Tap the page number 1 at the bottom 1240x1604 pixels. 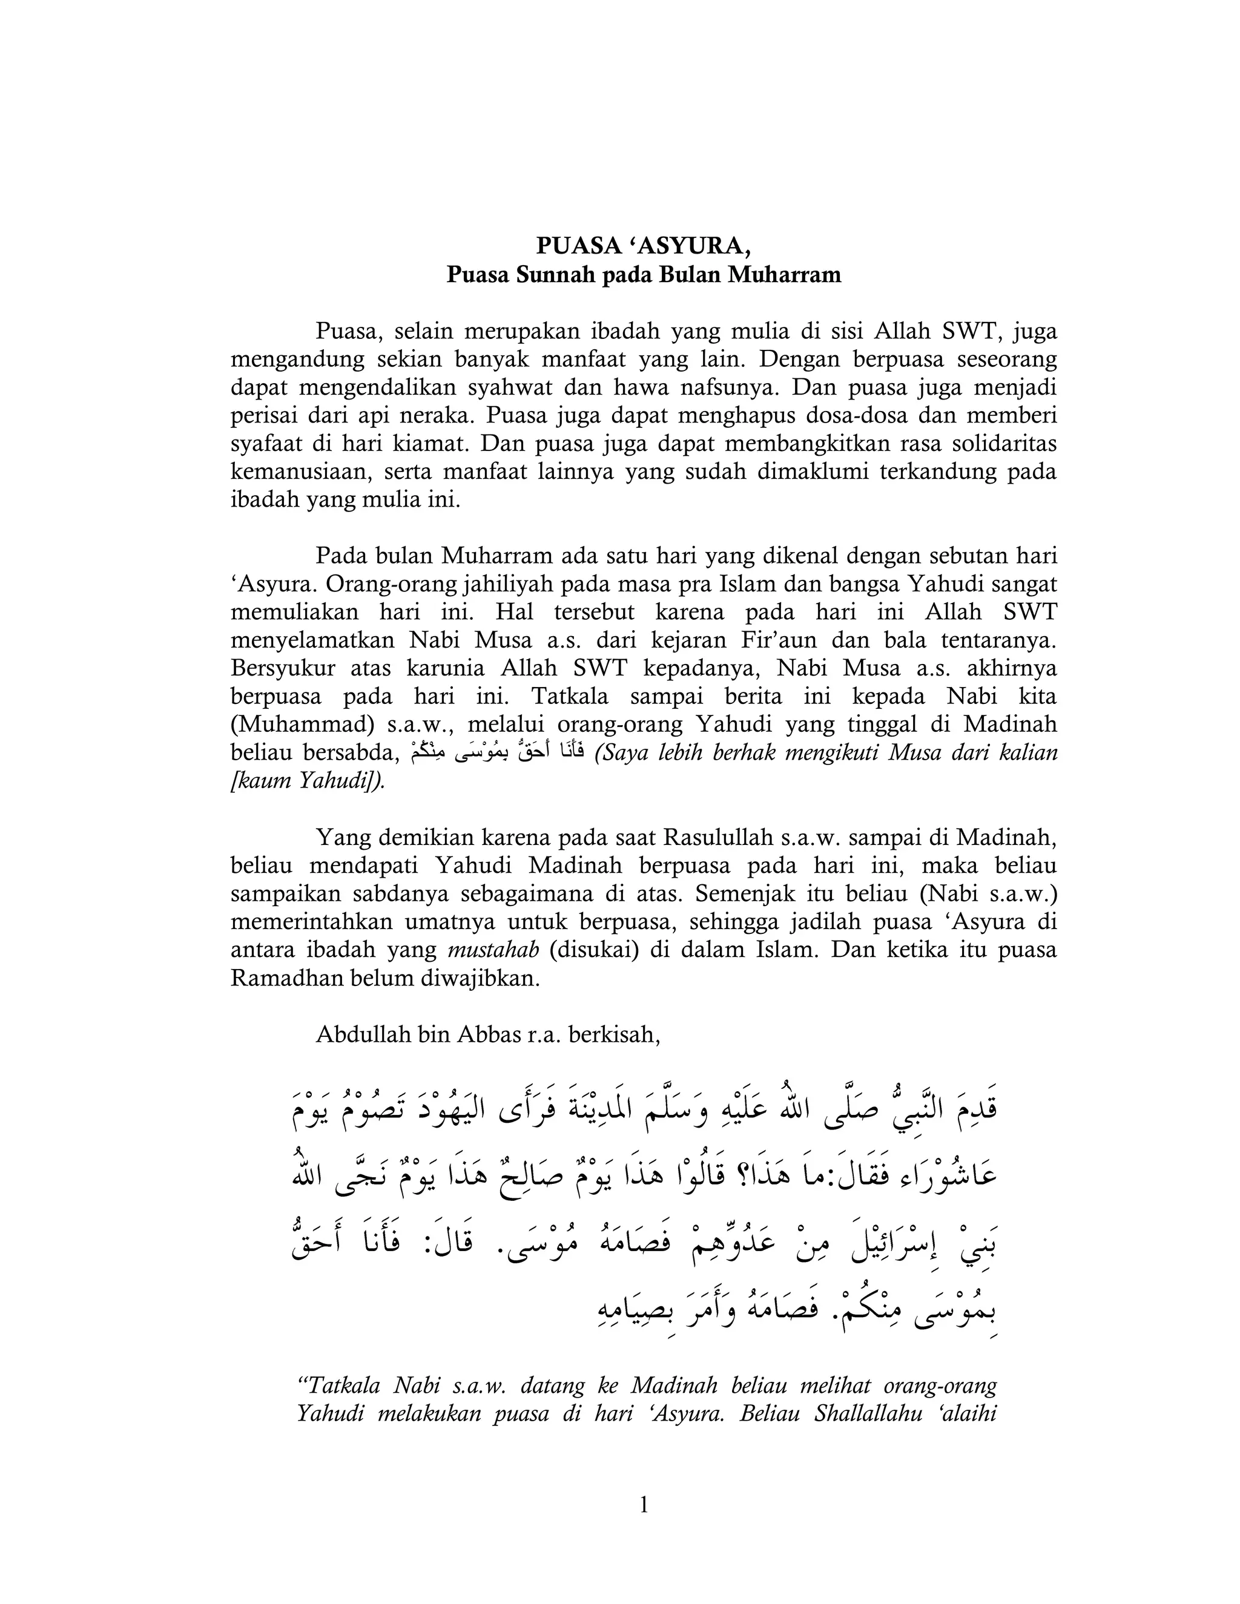pos(644,1505)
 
